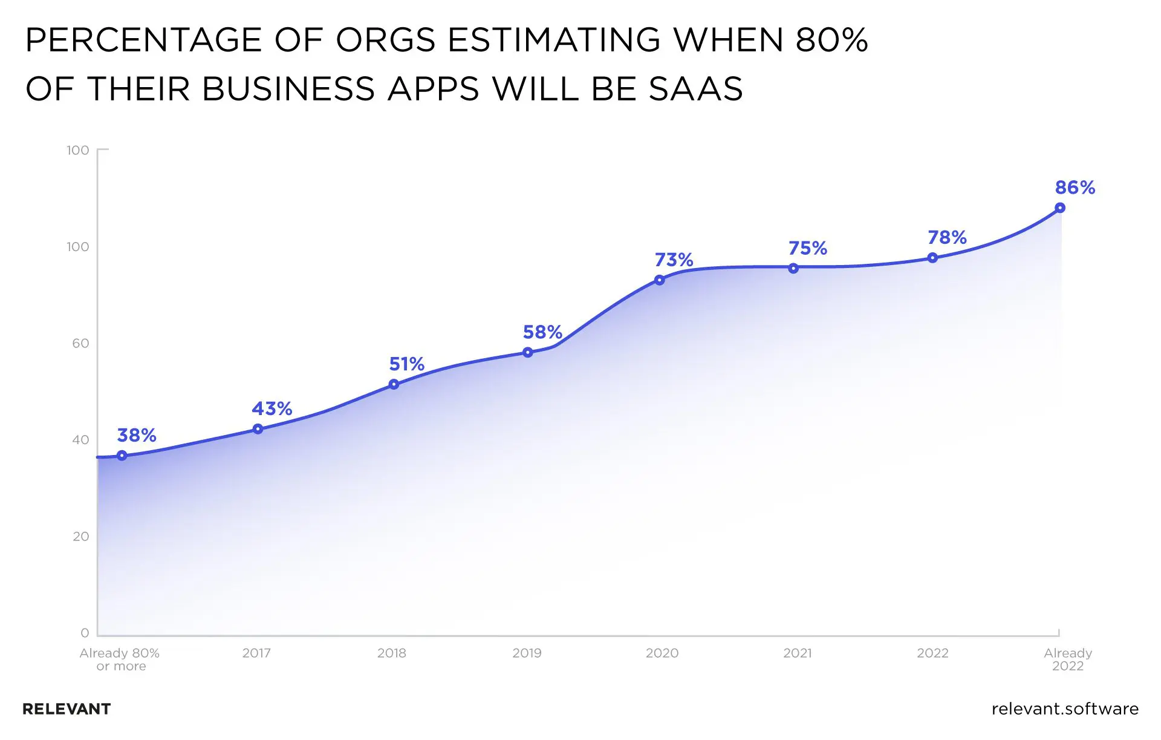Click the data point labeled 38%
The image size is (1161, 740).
122,456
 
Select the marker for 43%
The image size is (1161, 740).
258,429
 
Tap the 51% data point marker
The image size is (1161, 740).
394,384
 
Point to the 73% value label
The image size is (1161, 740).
674,260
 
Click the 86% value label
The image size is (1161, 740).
1075,188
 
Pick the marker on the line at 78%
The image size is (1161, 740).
932,258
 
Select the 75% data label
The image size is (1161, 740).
807,248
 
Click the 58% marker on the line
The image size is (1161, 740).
527,352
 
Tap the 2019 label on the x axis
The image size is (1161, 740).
527,653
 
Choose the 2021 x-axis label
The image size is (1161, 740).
797,653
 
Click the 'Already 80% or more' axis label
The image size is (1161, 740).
120,660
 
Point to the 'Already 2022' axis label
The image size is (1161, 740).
1068,660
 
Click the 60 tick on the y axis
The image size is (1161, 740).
80,343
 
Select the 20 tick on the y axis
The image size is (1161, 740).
80,536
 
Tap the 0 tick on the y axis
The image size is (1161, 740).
85,633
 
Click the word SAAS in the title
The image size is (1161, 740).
695,89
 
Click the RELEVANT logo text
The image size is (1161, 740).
67,709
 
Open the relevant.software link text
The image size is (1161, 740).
1065,709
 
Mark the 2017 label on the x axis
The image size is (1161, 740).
256,653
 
